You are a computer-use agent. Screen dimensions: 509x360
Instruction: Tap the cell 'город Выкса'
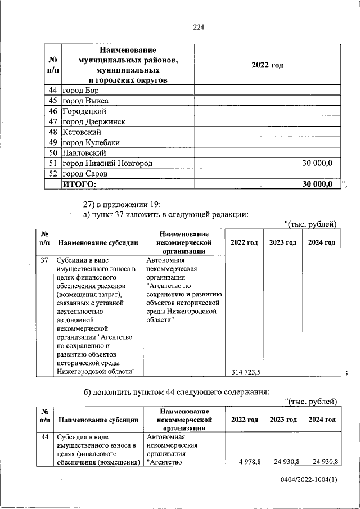(85, 101)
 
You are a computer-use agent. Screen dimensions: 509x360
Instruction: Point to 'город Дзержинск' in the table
(93, 121)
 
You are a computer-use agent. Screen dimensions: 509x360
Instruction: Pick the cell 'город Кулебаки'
(91, 142)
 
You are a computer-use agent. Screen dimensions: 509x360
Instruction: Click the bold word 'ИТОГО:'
(79, 184)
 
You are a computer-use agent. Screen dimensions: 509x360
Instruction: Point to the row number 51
(53, 163)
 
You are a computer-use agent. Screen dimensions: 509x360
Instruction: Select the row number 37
(45, 260)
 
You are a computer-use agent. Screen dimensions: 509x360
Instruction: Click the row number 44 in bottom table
(45, 436)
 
